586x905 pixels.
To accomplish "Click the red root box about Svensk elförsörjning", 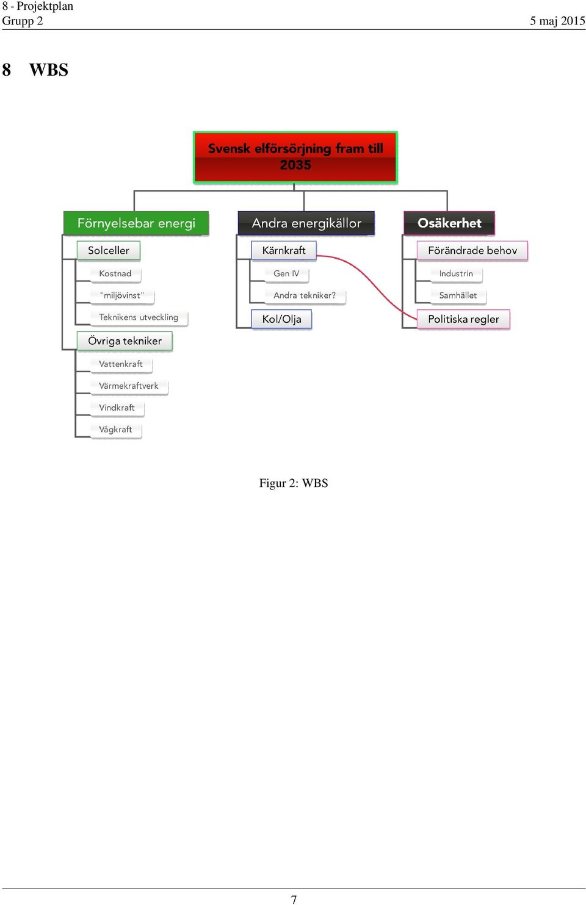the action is pyautogui.click(x=295, y=157).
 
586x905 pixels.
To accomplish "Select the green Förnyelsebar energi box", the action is pyautogui.click(x=136, y=223).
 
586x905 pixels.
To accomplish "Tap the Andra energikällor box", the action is pyautogui.click(x=306, y=223).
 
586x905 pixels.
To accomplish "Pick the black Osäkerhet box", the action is pyautogui.click(x=449, y=223).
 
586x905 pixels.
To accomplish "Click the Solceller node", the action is pyautogui.click(x=109, y=250).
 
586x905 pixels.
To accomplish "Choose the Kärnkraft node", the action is pyautogui.click(x=284, y=250).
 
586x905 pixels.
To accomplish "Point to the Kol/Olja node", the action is pyautogui.click(x=281, y=319).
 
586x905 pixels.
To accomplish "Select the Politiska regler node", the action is pyautogui.click(x=463, y=319).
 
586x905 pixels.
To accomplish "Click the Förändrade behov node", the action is pyautogui.click(x=472, y=250).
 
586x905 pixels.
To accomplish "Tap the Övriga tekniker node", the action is pyautogui.click(x=125, y=341).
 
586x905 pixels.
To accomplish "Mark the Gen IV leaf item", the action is pyautogui.click(x=286, y=273).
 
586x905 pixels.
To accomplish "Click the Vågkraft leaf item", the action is pyautogui.click(x=115, y=430).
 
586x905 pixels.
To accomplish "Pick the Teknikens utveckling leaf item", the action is pyautogui.click(x=139, y=317).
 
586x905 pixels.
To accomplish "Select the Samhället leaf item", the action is pyautogui.click(x=458, y=295).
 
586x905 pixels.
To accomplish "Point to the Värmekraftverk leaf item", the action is pyautogui.click(x=129, y=386).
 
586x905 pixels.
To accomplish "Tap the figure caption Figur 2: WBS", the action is pyautogui.click(x=294, y=483).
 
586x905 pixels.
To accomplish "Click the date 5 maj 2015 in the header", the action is pyautogui.click(x=557, y=21).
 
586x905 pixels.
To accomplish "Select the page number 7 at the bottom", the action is pyautogui.click(x=294, y=900).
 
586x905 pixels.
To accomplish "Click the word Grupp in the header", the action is pyautogui.click(x=18, y=21).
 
